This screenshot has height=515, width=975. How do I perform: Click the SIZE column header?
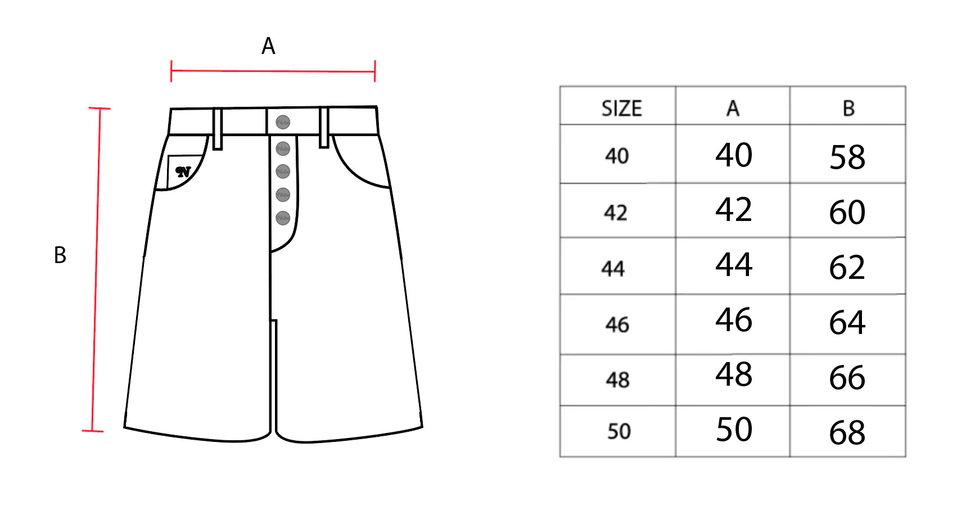point(621,108)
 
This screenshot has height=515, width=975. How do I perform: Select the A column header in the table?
point(733,108)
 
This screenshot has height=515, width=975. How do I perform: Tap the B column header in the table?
point(848,108)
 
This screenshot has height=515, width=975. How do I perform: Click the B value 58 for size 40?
point(847,157)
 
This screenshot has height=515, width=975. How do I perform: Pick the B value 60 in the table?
point(847,213)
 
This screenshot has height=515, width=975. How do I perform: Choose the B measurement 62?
point(847,268)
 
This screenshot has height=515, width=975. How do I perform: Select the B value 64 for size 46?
point(847,323)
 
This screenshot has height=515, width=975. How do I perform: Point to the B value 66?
point(847,378)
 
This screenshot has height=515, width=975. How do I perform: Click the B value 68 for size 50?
point(847,433)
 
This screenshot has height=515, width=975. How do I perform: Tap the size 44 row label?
point(613,269)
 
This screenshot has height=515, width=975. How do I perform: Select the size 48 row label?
point(617,380)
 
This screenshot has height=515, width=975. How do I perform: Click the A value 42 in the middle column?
point(734,210)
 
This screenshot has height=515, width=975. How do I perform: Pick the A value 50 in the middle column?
point(734,430)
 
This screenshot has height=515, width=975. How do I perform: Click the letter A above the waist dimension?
point(268,46)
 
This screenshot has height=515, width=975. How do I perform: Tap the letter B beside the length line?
point(60,255)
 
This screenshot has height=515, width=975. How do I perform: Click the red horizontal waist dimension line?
point(273,71)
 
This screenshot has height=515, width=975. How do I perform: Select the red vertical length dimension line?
point(96,270)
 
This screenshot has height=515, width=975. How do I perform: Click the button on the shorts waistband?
point(283,122)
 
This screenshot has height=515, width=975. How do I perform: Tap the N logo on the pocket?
point(183,171)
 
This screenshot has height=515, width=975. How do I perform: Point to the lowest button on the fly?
point(283,218)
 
